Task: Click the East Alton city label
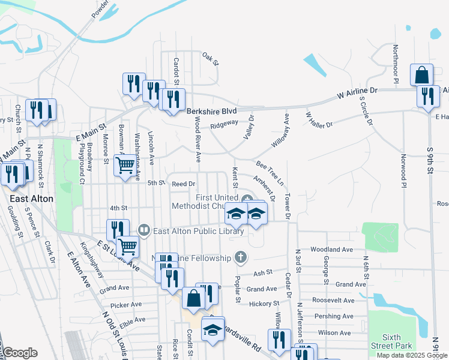(31, 199)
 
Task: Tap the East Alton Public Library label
(198, 231)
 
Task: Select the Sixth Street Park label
(391, 342)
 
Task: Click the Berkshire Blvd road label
(211, 112)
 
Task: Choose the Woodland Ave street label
(331, 249)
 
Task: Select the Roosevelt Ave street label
(333, 300)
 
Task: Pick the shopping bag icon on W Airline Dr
(422, 75)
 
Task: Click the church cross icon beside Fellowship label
(240, 258)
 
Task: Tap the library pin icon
(143, 230)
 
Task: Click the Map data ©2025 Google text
(411, 355)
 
